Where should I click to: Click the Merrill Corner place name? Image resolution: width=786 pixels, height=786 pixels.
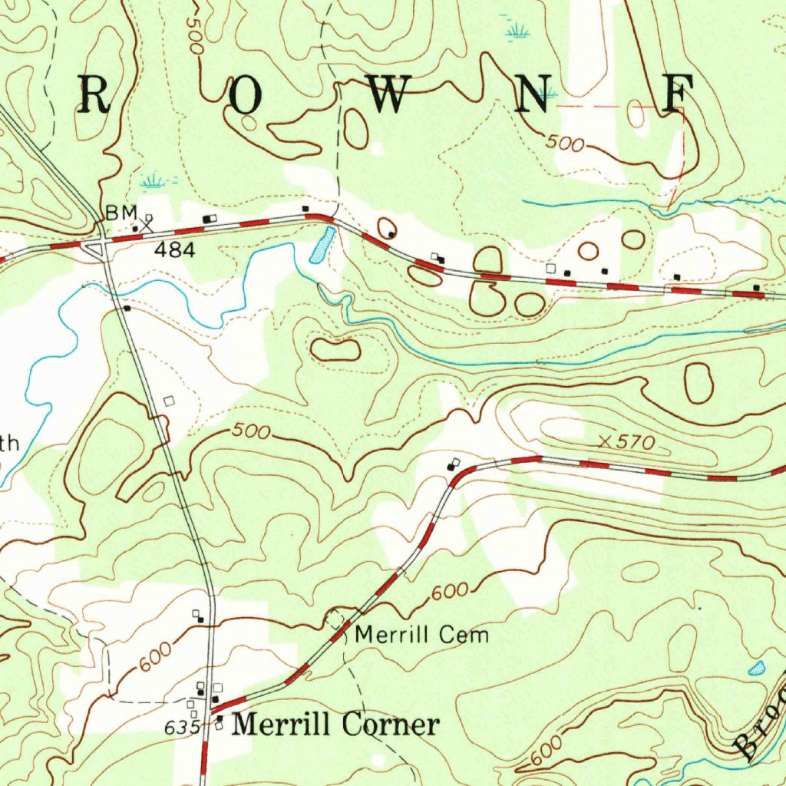coord(336,725)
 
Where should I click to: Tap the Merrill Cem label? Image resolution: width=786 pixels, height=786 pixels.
coord(422,636)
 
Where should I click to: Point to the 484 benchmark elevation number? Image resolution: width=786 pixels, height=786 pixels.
coord(175,250)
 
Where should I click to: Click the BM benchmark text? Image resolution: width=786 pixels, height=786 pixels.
coord(121,213)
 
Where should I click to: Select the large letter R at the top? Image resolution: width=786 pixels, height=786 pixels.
coord(93,95)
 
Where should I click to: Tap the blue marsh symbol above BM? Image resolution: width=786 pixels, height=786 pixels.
coord(154,183)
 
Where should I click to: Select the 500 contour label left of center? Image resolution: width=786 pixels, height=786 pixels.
coord(251,432)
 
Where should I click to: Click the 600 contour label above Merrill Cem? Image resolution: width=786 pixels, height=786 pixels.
coord(449,593)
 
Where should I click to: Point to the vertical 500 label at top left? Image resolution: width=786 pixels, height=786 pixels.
coord(193,35)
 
